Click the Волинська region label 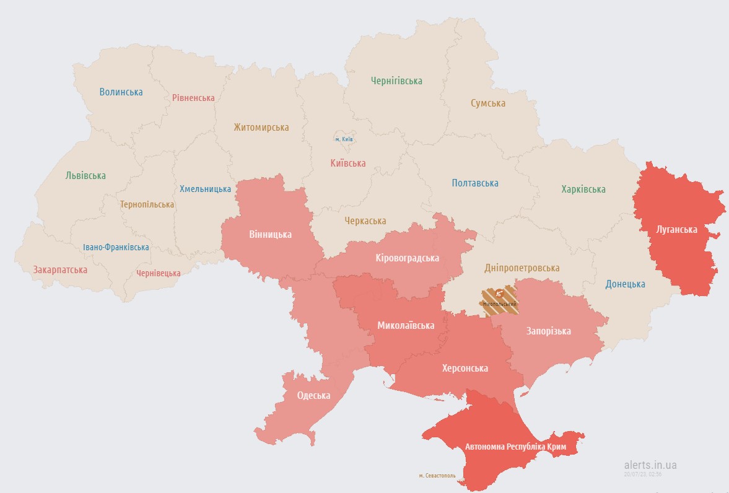point(121,92)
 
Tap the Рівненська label point(193,98)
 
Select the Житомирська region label point(261,128)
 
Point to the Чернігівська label point(396,81)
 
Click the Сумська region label point(487,103)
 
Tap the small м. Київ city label point(344,139)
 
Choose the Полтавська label point(475,183)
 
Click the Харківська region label point(583,190)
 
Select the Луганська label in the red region point(676,230)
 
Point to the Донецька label point(625,284)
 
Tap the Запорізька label point(548,331)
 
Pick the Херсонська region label point(465,369)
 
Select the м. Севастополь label point(437,476)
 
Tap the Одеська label point(313,396)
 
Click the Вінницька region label point(270,235)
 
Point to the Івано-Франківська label point(116,247)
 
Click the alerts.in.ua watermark point(650,465)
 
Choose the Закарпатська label point(60,270)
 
